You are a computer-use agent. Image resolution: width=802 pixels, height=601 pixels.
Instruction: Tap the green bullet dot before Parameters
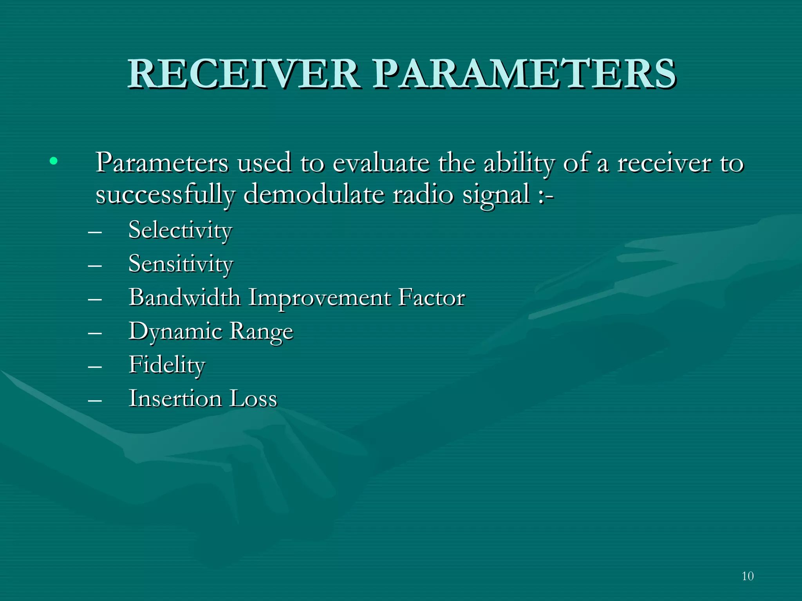[x=54, y=161]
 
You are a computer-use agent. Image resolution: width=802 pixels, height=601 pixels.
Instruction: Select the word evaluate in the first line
[x=381, y=163]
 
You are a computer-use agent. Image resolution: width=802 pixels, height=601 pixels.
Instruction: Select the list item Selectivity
[x=180, y=230]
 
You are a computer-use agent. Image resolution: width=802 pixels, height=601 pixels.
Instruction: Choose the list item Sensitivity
[x=181, y=264]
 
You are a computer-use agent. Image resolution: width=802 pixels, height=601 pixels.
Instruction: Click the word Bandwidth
[x=184, y=297]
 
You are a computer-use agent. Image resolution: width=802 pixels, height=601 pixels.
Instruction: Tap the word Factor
[x=432, y=297]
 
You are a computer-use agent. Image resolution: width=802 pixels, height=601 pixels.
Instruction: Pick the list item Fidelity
[x=167, y=365]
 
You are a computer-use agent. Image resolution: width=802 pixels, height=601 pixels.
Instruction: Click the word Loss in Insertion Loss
[x=253, y=399]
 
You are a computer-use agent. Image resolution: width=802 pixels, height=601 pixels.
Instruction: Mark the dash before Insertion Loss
[x=95, y=400]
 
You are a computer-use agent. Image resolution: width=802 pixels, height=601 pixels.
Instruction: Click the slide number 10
[x=747, y=576]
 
